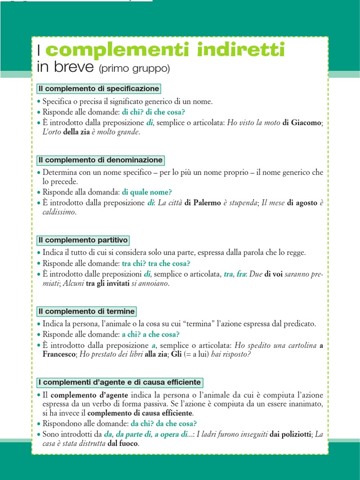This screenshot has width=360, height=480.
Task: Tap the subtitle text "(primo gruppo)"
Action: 134,69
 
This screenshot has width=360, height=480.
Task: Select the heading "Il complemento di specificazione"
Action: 99,89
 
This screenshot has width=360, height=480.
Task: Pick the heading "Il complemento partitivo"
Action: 83,240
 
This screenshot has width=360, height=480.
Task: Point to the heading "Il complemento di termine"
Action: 87,311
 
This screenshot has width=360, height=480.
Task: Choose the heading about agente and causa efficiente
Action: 120,382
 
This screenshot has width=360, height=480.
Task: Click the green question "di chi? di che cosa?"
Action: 153,112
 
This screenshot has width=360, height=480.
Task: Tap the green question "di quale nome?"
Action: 147,192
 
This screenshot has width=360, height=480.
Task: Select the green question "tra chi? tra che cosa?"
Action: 156,263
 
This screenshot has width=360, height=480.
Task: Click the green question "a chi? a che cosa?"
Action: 150,334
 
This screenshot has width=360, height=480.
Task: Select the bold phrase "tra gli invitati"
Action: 103,284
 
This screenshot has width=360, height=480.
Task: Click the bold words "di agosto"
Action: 302,203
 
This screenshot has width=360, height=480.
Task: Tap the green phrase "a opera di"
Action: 171,435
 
